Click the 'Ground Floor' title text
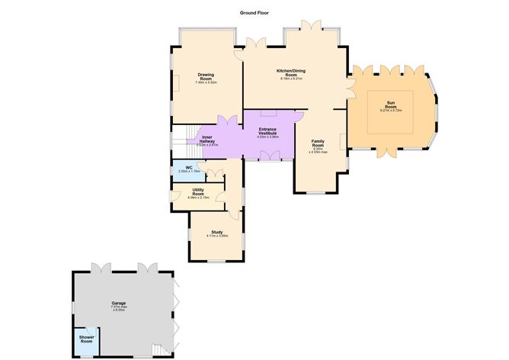(253, 13)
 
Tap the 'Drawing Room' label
(206, 76)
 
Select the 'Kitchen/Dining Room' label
(291, 72)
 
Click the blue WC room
(187, 169)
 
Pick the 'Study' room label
(217, 231)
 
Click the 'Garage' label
(118, 303)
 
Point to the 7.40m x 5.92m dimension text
(206, 82)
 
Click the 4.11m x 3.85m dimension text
(217, 236)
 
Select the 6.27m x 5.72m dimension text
(391, 111)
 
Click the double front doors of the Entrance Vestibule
(269, 156)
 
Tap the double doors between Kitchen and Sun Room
(351, 86)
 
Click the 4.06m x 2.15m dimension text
(197, 198)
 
